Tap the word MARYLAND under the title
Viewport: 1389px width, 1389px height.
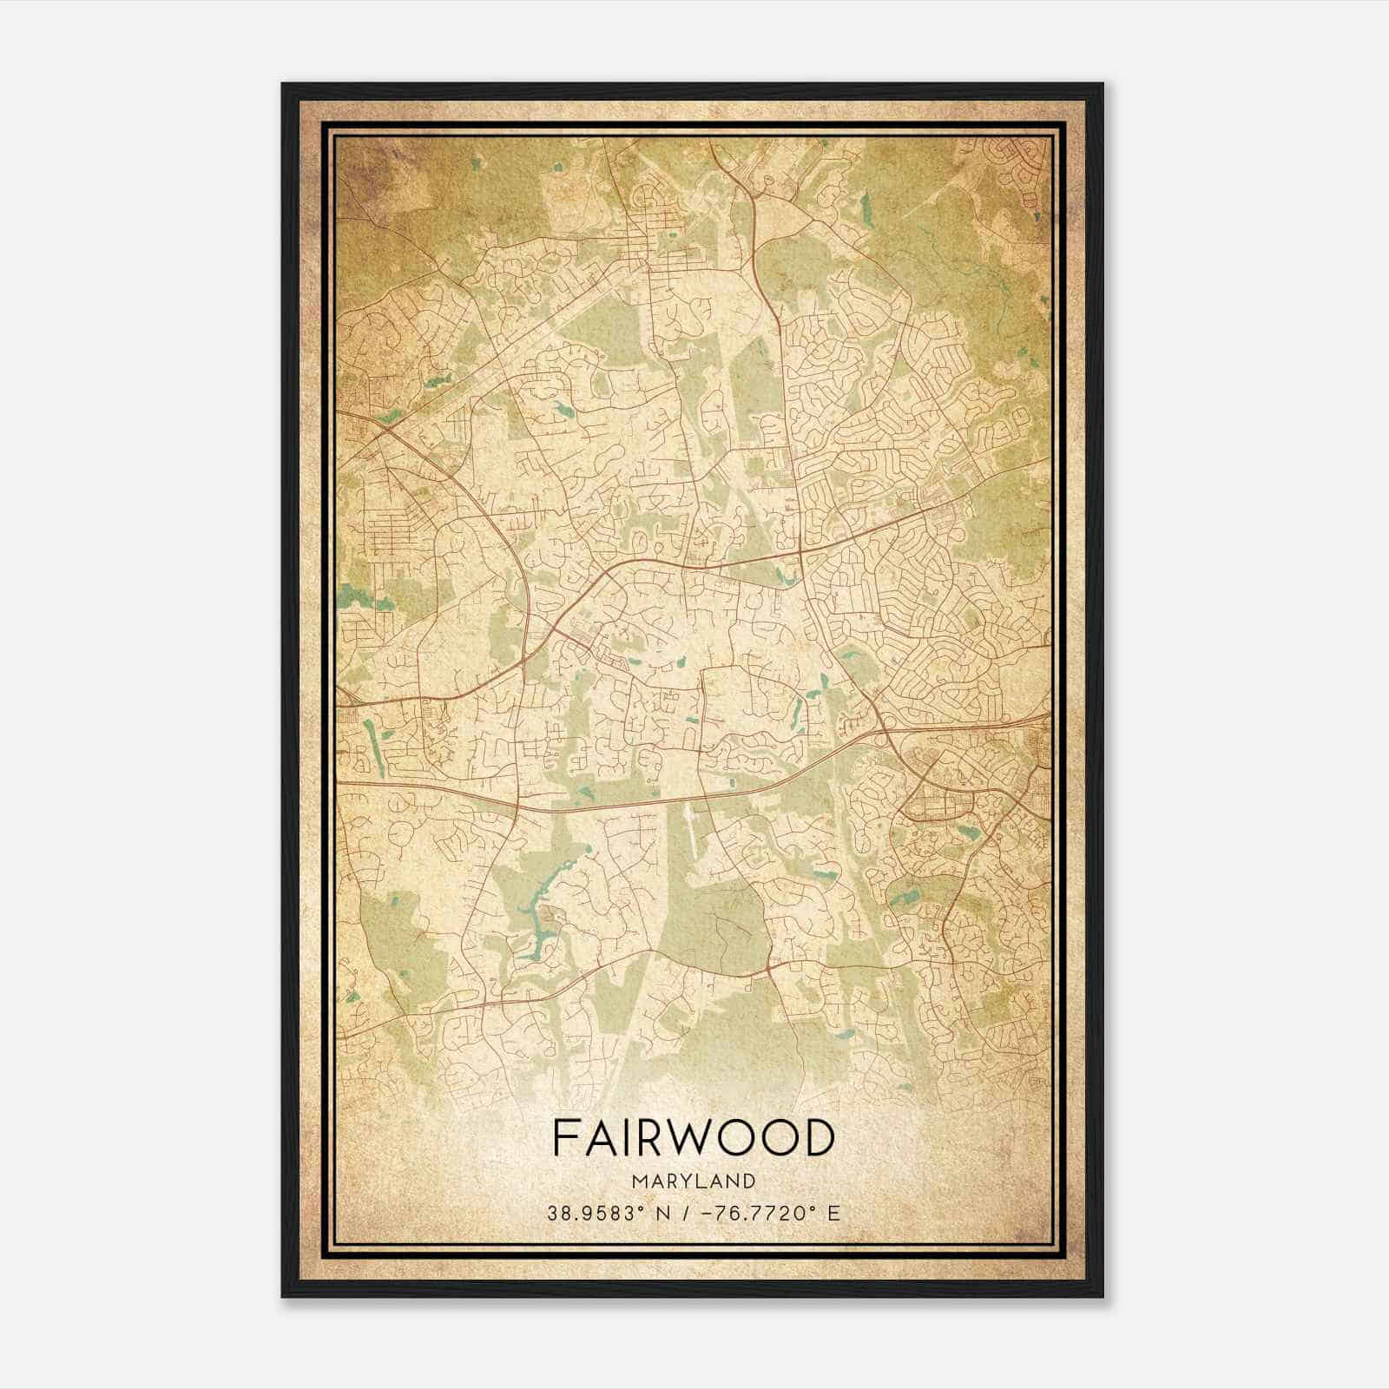point(694,1181)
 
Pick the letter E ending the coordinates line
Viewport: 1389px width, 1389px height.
point(834,1213)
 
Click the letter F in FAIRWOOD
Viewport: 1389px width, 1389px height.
point(564,1138)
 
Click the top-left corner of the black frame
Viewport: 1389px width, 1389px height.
point(284,85)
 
